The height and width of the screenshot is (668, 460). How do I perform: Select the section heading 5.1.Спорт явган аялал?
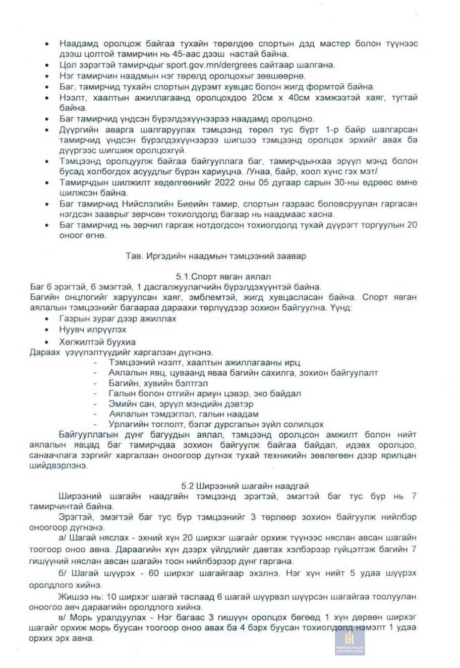coord(223,277)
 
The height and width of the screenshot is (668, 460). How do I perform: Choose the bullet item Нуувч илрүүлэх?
coord(92,329)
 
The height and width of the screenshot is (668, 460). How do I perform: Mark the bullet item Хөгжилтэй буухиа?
coord(97,342)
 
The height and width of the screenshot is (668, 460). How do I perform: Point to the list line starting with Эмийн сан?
coord(181,404)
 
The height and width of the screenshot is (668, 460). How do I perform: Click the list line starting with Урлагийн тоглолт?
coord(216,425)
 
